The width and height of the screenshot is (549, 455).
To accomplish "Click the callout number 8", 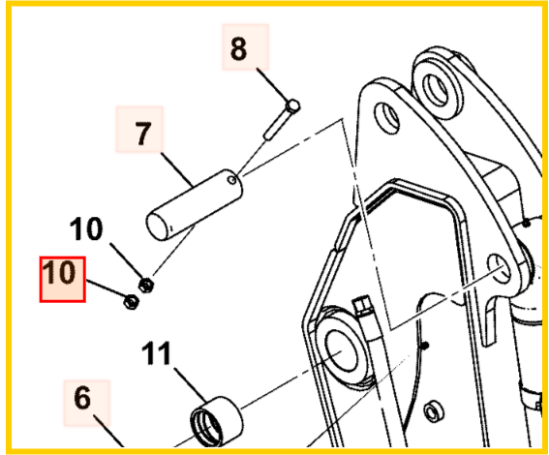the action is [239, 48].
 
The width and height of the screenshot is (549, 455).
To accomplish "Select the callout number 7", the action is [142, 133].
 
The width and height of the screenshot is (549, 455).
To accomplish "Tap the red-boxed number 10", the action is [58, 272].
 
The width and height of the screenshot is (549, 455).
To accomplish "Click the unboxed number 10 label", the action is [86, 228].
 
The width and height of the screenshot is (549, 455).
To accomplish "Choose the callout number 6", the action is [82, 398].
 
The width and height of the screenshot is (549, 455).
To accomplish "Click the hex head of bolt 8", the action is [293, 106].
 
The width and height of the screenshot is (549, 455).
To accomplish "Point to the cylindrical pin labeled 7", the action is [195, 205].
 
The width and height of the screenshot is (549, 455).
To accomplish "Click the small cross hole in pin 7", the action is [231, 180].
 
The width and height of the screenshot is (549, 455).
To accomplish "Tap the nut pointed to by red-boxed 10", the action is [132, 301].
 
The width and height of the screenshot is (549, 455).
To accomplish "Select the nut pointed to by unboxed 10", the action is [146, 285].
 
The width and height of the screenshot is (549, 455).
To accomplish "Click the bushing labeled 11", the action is [216, 420].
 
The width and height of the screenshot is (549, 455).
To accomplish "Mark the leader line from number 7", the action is [177, 169].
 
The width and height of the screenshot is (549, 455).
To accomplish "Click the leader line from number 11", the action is [191, 385].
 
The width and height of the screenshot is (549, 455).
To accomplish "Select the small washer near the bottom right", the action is [434, 410].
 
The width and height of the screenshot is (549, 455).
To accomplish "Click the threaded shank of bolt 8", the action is [276, 125].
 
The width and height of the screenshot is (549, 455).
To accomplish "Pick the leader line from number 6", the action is [108, 430].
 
